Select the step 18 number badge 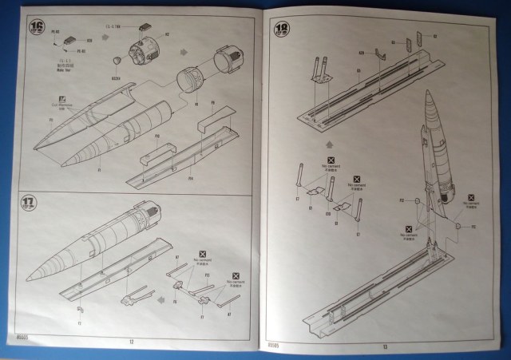click(282, 31)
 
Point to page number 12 click(129, 340)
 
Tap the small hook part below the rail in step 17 click(81, 310)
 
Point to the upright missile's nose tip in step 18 click(428, 93)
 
